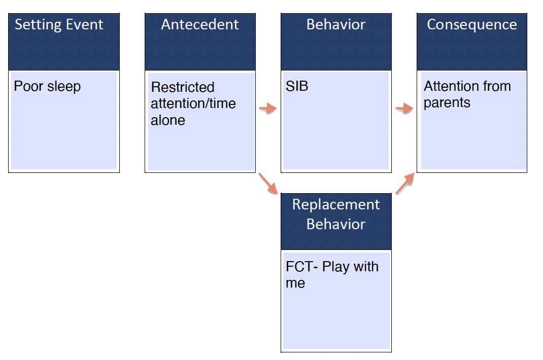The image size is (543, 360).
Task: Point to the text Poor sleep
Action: tap(47, 86)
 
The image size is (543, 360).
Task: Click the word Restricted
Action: tap(183, 87)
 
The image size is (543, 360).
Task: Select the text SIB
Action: tap(297, 86)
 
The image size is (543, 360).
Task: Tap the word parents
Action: tap(447, 103)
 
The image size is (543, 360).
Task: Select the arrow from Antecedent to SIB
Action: tap(268, 108)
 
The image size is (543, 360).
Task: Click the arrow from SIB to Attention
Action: tap(404, 108)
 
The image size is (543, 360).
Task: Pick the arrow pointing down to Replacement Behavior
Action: tap(268, 184)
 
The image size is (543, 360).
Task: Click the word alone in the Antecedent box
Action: tap(168, 121)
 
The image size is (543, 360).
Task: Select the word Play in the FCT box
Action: tap(335, 267)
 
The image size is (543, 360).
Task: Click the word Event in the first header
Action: tap(85, 25)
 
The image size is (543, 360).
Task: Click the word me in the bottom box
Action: tap(295, 283)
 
